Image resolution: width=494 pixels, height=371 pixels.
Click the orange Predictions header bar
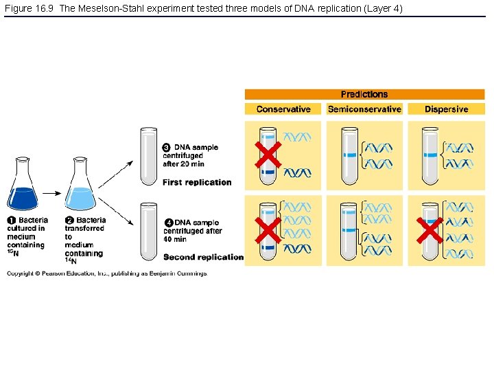point(364,94)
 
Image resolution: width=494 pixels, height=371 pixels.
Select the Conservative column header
point(283,109)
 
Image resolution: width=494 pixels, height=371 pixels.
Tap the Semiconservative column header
point(364,109)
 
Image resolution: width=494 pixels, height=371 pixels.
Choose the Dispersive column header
point(446,109)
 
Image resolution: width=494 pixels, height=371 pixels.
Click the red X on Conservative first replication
point(268,155)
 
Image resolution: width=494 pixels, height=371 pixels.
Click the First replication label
point(197,182)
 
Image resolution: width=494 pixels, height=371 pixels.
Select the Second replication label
point(203,257)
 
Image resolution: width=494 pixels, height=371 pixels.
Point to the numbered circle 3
point(166,148)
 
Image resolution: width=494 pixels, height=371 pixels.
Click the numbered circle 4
point(169,223)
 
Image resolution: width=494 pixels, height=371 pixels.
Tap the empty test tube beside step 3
point(148,156)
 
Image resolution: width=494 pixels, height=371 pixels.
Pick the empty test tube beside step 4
point(148,232)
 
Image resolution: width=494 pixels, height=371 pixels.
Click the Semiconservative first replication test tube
point(351,156)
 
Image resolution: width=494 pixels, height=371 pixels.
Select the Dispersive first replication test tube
point(431,156)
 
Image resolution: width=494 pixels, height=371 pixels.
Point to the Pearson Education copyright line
point(106,273)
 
